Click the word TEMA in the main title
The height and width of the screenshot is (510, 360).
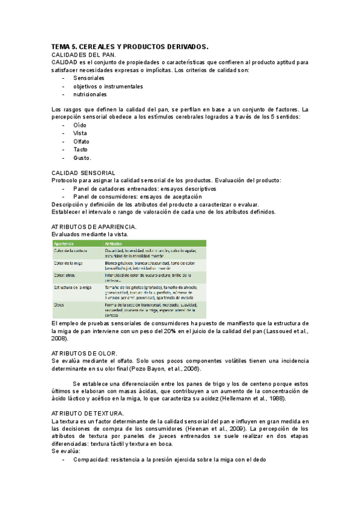[61, 46]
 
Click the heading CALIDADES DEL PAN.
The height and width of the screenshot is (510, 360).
[84, 55]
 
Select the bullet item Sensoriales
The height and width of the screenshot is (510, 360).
[89, 78]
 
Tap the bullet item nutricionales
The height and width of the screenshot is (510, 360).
[90, 94]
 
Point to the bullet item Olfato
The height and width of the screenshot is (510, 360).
[82, 141]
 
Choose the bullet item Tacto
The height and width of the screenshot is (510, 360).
[81, 149]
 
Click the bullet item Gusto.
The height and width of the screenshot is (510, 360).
[82, 158]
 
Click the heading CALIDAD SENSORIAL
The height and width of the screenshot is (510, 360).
[84, 173]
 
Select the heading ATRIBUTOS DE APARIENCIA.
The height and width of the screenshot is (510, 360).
[94, 226]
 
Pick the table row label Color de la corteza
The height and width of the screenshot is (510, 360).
[71, 250]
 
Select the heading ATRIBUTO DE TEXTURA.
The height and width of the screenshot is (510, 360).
[88, 413]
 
